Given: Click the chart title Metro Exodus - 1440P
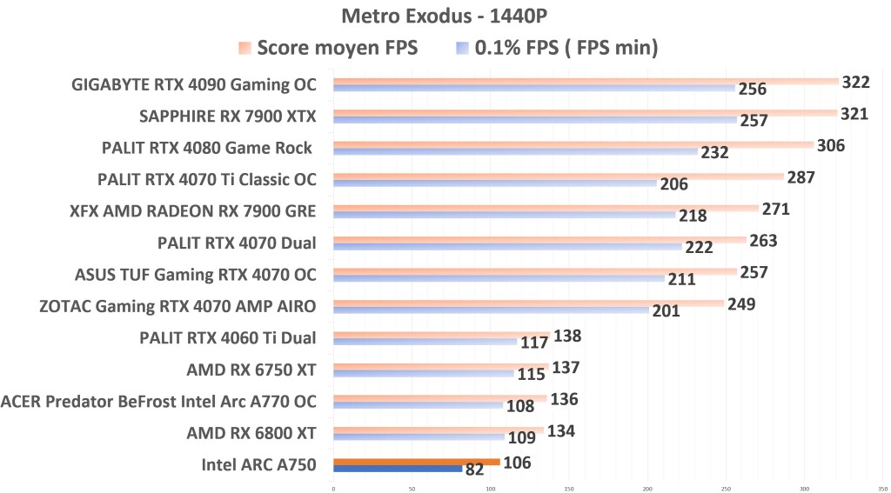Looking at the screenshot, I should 445,17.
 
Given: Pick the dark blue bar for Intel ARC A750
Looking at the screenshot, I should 397,469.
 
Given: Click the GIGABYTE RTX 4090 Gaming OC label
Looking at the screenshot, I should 193,85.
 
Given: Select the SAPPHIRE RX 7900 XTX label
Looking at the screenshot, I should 228,117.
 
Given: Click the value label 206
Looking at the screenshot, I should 673,184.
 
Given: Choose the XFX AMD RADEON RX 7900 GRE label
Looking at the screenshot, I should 192,211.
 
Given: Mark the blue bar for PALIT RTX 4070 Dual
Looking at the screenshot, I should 506,247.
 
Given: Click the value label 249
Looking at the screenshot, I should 741,304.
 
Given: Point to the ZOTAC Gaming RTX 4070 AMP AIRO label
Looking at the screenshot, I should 178,306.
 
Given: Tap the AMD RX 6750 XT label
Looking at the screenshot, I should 251,370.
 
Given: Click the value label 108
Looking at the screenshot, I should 519,405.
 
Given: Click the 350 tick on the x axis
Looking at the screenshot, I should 882,489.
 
